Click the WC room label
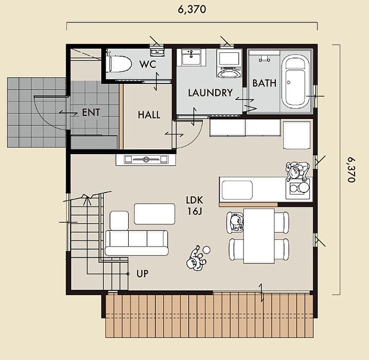148,64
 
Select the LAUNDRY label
210,93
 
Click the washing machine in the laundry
229,63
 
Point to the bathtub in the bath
295,83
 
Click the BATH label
264,83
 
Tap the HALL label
149,115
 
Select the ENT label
91,112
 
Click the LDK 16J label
195,206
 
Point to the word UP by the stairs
142,274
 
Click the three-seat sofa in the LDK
137,243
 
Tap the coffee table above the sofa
155,214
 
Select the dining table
259,236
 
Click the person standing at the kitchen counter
297,171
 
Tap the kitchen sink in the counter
237,190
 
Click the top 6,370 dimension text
192,10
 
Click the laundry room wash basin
191,58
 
